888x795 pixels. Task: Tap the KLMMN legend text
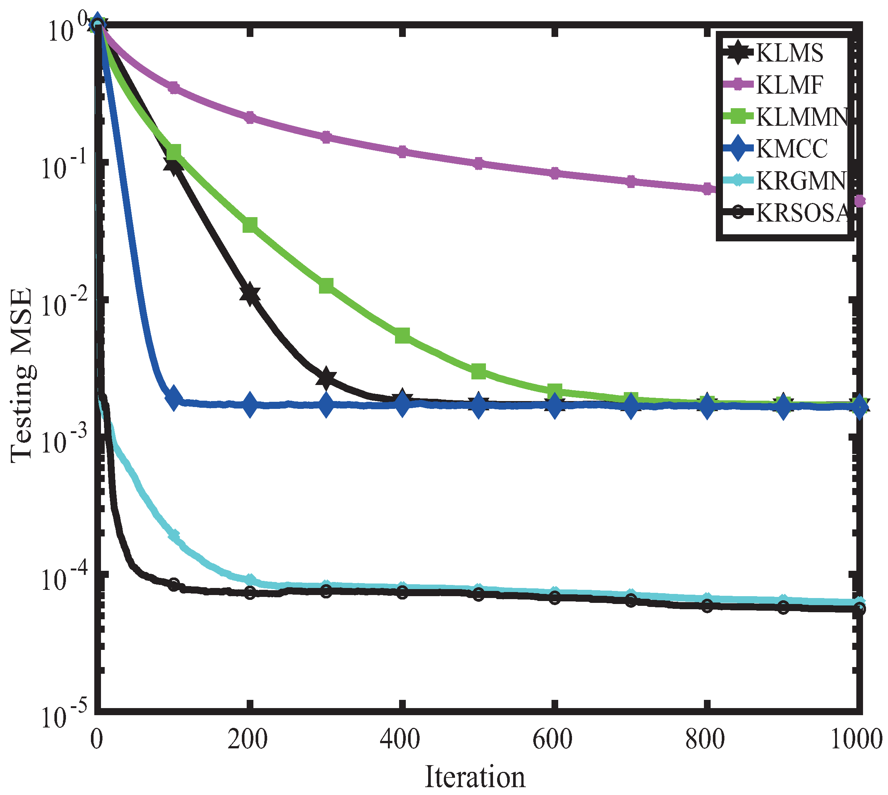click(801, 117)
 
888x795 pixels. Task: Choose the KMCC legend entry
click(791, 149)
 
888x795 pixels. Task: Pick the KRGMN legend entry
click(800, 181)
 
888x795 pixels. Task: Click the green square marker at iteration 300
click(326, 286)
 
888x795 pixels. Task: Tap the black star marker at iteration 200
click(250, 294)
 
